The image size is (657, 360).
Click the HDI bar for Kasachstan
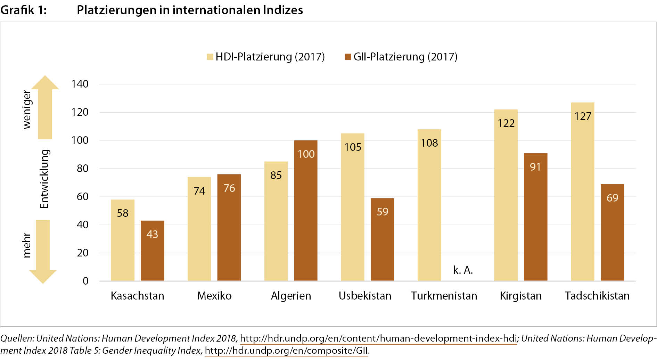(123, 240)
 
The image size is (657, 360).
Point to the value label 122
(506, 123)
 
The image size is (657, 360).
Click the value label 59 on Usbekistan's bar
(383, 212)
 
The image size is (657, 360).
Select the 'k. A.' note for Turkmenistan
(463, 270)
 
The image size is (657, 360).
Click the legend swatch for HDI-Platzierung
(210, 57)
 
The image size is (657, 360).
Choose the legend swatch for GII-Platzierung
(348, 57)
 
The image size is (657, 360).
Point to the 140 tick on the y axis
(80, 84)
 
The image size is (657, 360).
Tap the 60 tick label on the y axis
(82, 197)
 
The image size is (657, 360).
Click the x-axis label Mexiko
(214, 296)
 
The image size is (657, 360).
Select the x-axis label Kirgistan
(520, 296)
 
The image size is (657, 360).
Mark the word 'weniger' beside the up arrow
(27, 109)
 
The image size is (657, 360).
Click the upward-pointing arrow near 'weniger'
(45, 108)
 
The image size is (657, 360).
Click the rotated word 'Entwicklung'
(44, 179)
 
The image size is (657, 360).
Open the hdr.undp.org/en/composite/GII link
(286, 351)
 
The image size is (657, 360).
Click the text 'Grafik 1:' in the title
(23, 10)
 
